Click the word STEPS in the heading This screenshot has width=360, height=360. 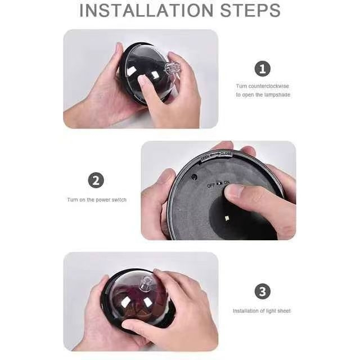coord(251,11)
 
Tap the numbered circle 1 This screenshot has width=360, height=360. coord(262,69)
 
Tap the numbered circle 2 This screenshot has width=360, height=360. coord(96,181)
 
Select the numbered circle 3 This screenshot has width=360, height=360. coord(262,291)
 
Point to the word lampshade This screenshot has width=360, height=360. coord(278,95)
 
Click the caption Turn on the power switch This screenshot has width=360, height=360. coord(96,200)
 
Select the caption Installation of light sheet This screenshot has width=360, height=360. coord(262,311)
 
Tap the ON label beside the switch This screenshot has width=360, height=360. coord(227,183)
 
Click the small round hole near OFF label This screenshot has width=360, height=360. coord(194,176)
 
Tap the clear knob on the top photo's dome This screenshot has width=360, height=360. coord(172,70)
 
